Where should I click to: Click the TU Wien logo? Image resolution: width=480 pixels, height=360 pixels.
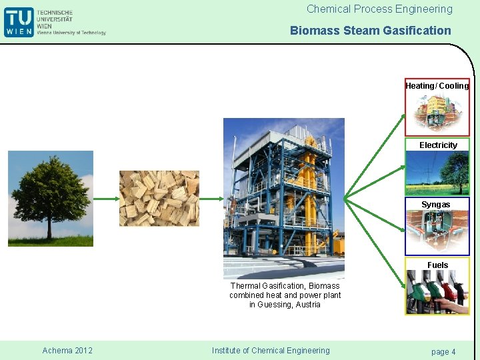19,22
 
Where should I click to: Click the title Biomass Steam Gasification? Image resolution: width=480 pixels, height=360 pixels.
370,31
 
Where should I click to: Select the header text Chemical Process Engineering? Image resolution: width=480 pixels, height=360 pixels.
379,9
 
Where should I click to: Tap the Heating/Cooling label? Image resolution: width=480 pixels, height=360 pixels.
437,86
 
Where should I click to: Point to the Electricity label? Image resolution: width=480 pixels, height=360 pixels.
438,145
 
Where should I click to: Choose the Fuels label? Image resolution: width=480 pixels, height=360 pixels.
437,265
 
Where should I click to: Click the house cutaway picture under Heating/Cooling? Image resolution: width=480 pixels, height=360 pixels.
437,112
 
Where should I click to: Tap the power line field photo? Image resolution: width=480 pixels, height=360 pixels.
437,172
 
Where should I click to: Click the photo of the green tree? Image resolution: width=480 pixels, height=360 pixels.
51,199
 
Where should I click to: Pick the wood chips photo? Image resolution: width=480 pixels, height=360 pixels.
159,199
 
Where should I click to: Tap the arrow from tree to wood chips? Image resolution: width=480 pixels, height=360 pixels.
106,199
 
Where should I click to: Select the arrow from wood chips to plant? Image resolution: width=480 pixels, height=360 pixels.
211,199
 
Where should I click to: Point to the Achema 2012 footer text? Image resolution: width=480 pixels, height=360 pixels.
67,351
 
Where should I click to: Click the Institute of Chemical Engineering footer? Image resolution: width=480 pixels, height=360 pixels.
270,351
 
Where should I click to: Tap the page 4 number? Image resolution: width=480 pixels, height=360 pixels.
443,351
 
